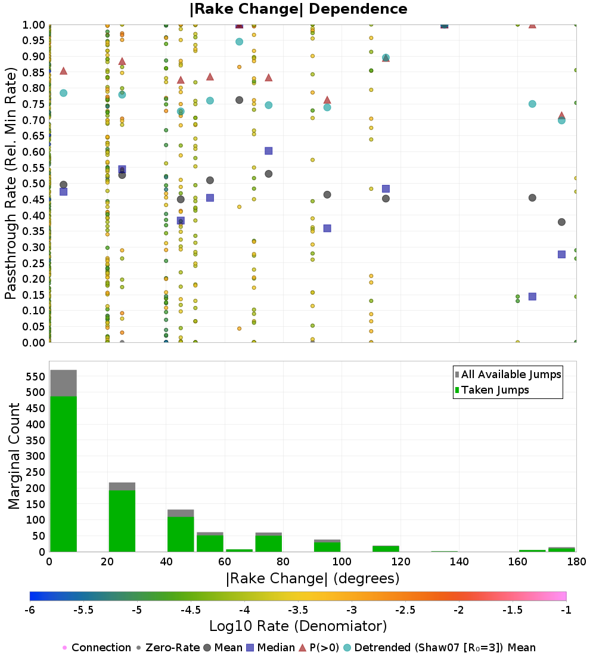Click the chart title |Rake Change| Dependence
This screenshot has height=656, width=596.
(x=299, y=9)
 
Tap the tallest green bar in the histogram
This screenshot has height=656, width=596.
(x=63, y=474)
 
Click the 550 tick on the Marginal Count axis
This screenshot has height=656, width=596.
(x=35, y=376)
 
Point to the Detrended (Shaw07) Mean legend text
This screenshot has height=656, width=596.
(x=445, y=648)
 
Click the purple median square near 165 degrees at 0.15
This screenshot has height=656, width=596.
(x=532, y=296)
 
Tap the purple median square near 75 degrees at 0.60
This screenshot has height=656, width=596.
(x=268, y=151)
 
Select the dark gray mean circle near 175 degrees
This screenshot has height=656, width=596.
(x=561, y=222)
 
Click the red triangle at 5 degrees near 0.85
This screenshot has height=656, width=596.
(x=63, y=71)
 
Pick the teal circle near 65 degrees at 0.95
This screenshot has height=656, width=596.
(x=239, y=42)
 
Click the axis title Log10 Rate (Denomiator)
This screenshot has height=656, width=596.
(x=298, y=626)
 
